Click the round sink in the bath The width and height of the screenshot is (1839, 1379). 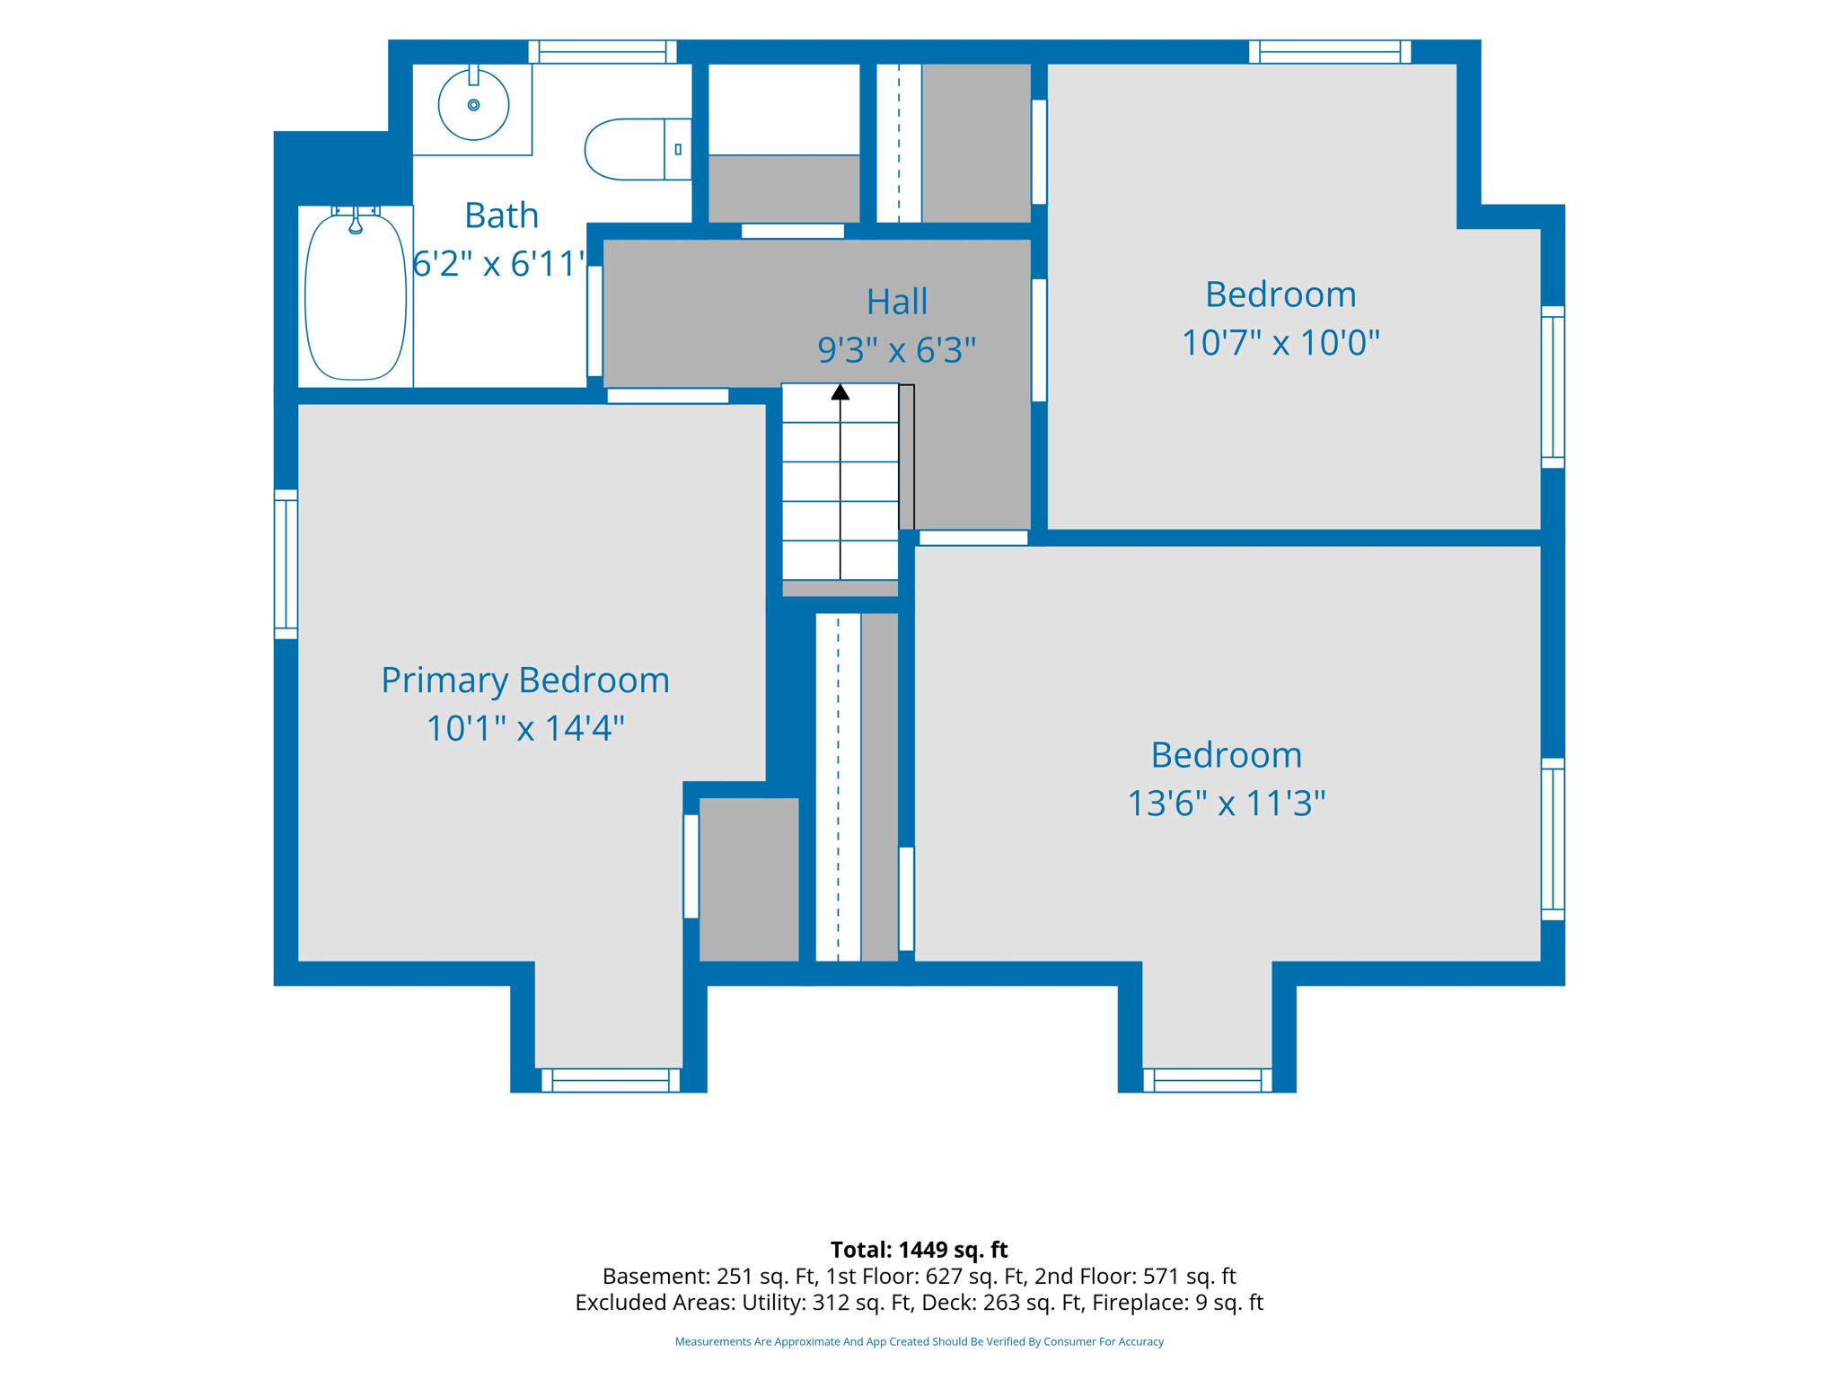(x=473, y=105)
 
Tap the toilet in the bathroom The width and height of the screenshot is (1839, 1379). (x=638, y=149)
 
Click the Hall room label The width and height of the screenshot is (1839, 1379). (x=896, y=302)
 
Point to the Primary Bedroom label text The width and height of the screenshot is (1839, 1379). (x=525, y=680)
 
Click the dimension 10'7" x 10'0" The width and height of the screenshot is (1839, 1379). (x=1280, y=342)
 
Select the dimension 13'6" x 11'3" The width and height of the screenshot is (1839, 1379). (x=1226, y=803)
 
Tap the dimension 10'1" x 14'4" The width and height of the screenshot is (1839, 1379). (x=525, y=728)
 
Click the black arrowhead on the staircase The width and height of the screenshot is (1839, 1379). (x=840, y=391)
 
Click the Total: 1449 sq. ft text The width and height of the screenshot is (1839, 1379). (x=919, y=1249)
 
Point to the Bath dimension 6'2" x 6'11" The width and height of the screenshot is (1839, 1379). (x=499, y=264)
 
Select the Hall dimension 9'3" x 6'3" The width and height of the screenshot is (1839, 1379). (x=896, y=349)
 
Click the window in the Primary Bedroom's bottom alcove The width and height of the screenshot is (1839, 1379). (x=610, y=1080)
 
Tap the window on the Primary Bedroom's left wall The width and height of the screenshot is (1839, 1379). (x=286, y=564)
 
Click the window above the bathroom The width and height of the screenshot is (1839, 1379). (x=602, y=52)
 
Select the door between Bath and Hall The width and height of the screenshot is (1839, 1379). (x=594, y=321)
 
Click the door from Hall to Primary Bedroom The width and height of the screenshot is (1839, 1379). (x=667, y=396)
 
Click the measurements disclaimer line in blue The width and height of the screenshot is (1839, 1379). (x=919, y=1341)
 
